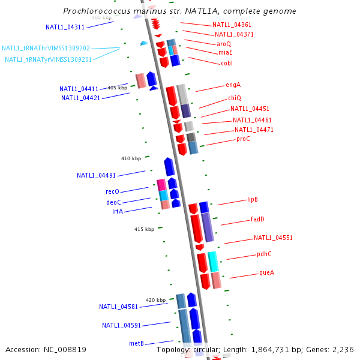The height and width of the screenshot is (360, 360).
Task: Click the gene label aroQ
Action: pos(224,44)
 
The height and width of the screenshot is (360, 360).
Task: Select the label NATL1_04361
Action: pos(232,25)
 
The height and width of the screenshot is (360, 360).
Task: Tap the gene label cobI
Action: pos(227,63)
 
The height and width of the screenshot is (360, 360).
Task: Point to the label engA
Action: pos(233,85)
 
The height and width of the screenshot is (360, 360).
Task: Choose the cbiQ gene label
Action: pos(234,98)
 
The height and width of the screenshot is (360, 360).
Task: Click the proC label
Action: pos(243,139)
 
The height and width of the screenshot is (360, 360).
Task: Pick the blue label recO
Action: pos(112,192)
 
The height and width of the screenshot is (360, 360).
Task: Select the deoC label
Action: pos(113,202)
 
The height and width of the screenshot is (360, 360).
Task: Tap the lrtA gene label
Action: pos(117,211)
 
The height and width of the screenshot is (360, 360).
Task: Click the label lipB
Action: pos(252,200)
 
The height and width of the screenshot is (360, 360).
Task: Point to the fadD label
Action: pos(257,220)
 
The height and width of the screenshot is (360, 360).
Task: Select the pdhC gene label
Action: pos(264,254)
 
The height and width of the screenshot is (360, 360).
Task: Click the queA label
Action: pos(266,272)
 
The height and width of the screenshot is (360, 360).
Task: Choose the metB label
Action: pos(136,343)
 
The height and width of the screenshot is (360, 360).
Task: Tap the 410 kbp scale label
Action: pos(131,158)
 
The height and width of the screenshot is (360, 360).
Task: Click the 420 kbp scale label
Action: pos(155,300)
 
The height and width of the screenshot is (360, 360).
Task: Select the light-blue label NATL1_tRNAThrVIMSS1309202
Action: pos(46,48)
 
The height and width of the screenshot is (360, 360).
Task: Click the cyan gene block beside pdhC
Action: pos(213,261)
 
